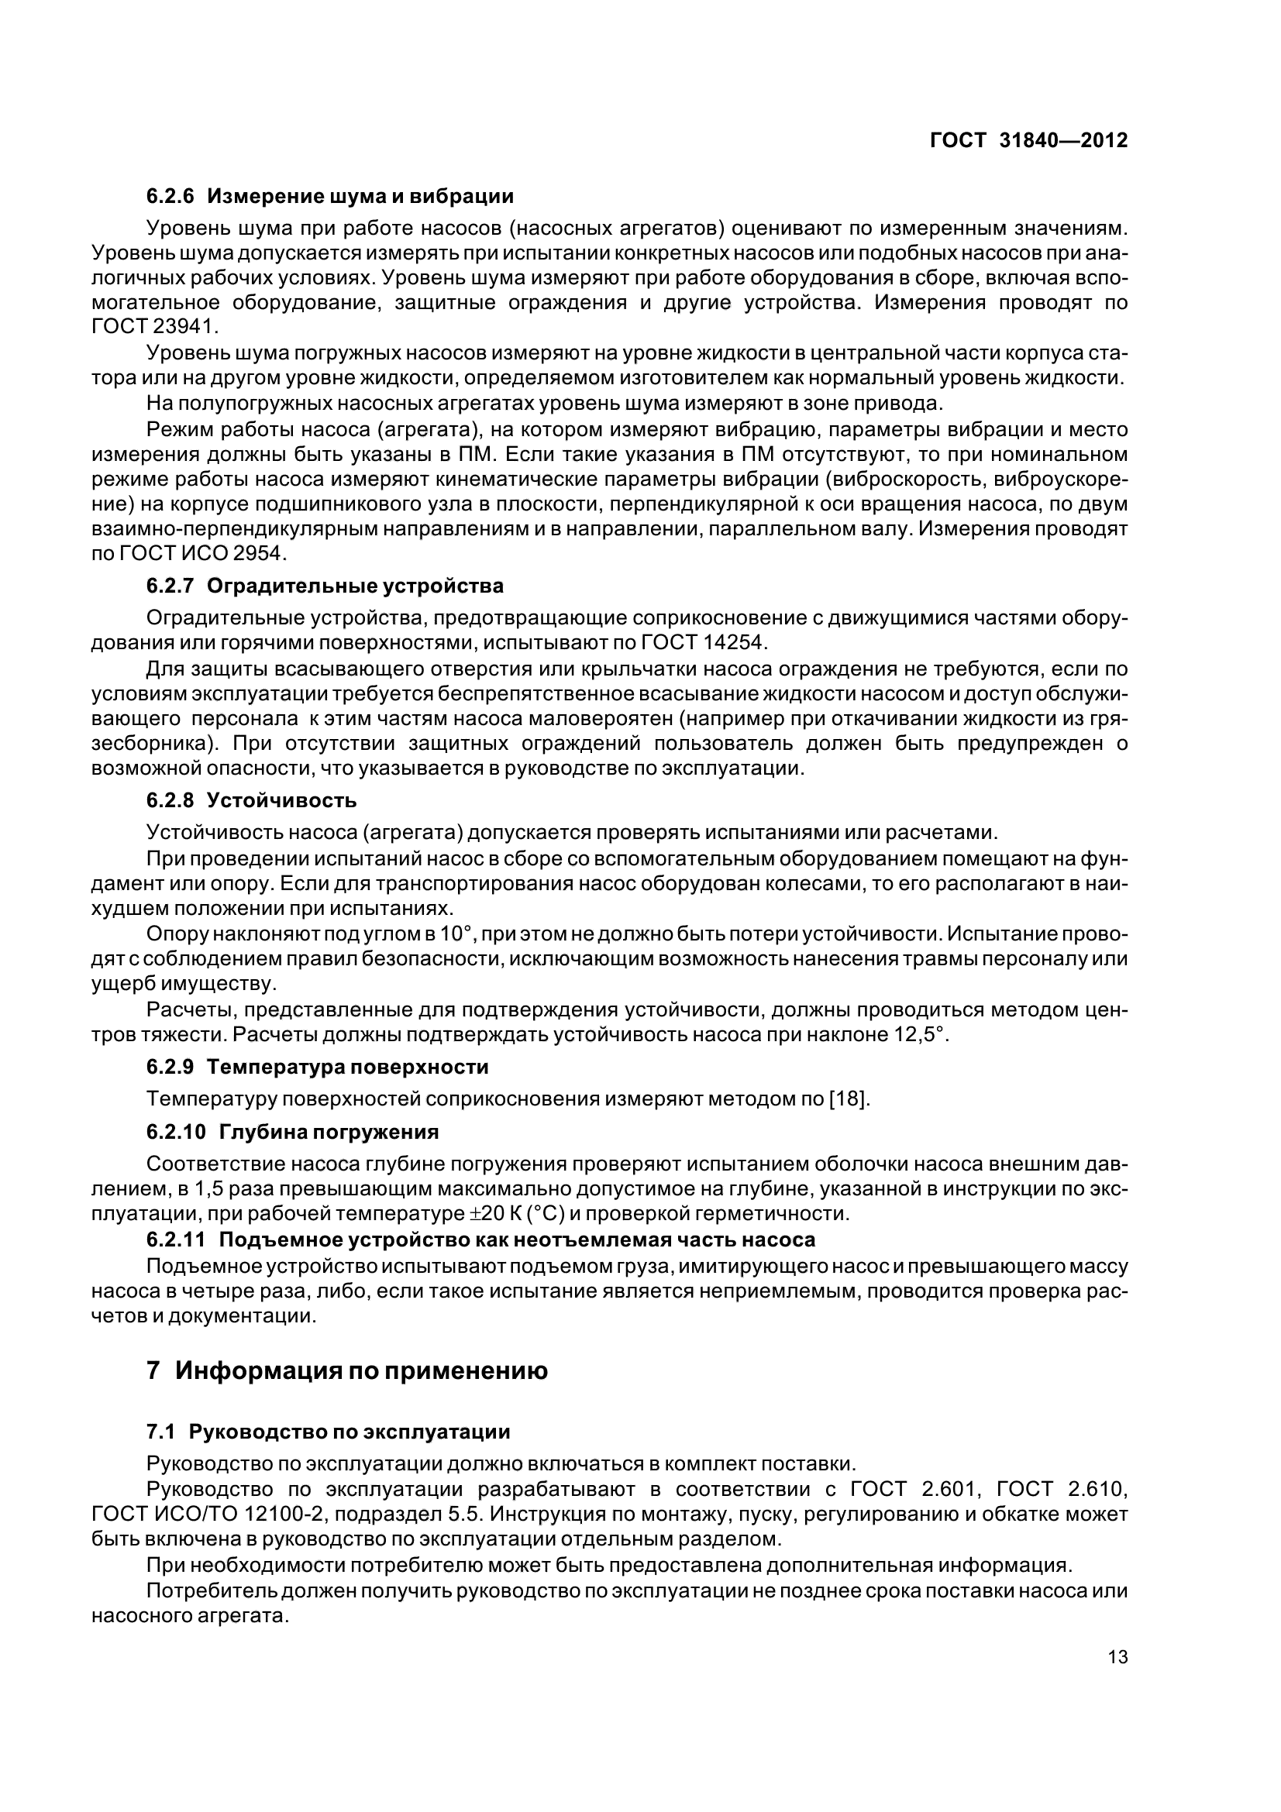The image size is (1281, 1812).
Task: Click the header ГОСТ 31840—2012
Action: pos(1028,140)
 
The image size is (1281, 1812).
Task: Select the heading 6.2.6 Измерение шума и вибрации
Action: pos(330,196)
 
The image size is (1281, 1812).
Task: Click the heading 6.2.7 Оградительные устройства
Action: pos(325,586)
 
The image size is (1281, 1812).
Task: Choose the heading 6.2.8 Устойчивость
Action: pos(251,800)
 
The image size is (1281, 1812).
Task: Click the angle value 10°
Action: pos(456,934)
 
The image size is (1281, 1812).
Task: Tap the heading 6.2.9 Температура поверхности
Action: pos(317,1067)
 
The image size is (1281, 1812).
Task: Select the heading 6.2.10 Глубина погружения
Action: pos(292,1132)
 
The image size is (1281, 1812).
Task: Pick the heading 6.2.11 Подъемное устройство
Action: pos(480,1239)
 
